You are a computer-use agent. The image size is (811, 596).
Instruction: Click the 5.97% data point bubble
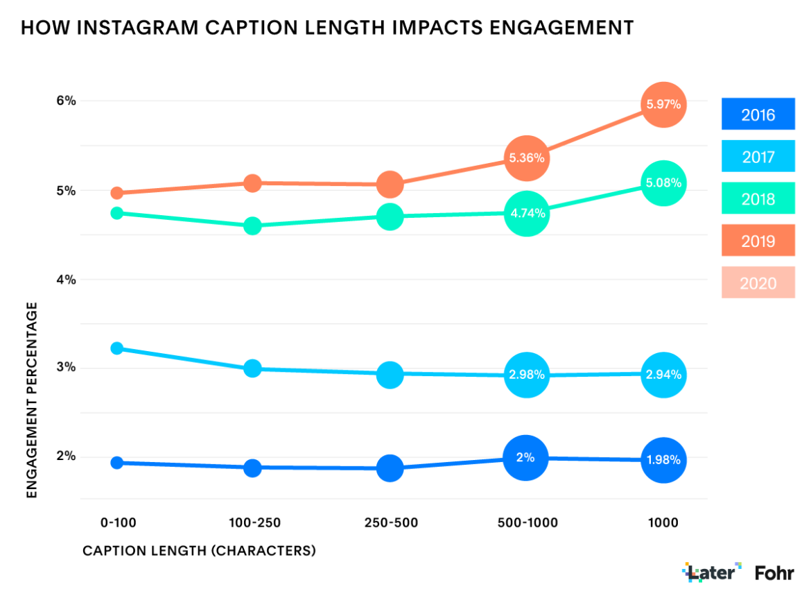click(663, 105)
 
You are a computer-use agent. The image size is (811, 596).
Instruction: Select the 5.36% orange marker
click(527, 158)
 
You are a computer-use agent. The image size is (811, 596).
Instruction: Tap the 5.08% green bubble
click(663, 184)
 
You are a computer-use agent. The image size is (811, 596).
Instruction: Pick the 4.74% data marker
click(527, 214)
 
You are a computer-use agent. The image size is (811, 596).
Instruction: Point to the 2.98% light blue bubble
click(527, 375)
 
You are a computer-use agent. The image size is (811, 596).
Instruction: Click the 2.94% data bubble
click(663, 375)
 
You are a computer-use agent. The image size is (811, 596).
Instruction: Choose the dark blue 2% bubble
click(526, 458)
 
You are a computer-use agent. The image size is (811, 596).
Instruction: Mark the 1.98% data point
click(663, 460)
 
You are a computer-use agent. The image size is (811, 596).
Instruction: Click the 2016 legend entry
click(758, 114)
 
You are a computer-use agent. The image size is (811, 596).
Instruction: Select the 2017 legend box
click(758, 157)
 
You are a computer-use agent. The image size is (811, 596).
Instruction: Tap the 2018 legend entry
click(758, 199)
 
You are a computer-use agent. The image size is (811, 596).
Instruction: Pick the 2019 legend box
click(758, 241)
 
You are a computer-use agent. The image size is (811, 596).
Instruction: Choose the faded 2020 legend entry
click(758, 283)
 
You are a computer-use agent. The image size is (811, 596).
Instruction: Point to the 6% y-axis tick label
click(66, 101)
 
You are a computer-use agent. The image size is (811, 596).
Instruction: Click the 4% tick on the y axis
click(66, 280)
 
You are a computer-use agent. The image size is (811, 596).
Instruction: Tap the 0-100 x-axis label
click(116, 522)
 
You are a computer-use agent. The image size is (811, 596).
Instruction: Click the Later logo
click(712, 572)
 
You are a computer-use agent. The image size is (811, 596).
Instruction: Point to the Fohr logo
click(774, 572)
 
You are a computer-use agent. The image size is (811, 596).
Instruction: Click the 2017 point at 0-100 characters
click(117, 348)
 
